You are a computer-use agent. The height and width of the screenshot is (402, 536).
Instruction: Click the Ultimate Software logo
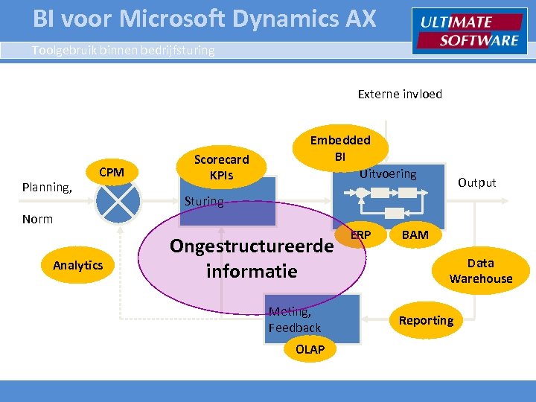click(x=469, y=31)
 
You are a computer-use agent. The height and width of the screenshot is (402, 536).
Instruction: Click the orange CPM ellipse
click(x=112, y=173)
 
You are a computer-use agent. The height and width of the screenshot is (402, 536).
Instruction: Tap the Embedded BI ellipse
click(x=339, y=148)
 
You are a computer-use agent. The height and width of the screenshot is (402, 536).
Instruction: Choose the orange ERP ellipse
click(x=361, y=235)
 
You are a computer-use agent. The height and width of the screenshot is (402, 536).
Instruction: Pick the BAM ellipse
click(x=415, y=235)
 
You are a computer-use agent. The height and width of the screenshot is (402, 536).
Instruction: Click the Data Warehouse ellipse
click(x=481, y=271)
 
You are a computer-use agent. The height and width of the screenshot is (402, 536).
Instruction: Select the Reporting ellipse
click(x=426, y=320)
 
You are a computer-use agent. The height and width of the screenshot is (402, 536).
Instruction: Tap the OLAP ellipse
click(x=310, y=350)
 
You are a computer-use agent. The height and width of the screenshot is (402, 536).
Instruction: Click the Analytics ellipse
click(x=78, y=265)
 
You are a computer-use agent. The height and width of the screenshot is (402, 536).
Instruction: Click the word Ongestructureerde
click(x=251, y=246)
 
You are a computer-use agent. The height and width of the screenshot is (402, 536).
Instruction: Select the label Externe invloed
click(x=400, y=94)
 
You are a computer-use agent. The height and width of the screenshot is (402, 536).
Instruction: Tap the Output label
click(x=476, y=182)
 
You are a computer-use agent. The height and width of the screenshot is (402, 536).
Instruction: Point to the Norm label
click(x=37, y=219)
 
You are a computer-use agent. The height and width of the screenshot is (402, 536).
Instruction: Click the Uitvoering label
click(x=388, y=173)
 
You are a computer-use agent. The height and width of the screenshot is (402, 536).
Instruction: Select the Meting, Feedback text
click(x=295, y=319)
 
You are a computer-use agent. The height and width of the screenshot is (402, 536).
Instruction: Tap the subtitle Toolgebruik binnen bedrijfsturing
click(x=123, y=51)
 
